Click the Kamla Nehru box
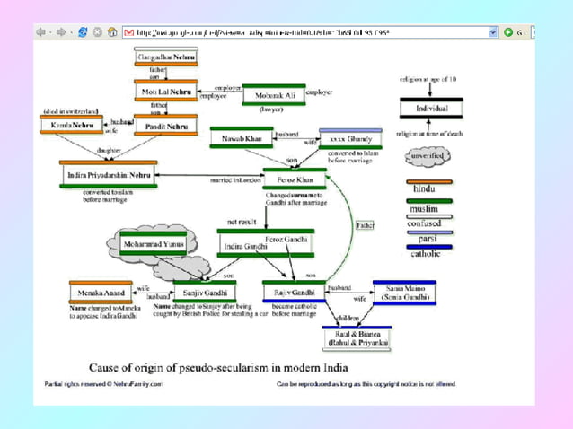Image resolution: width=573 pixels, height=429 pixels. [x=74, y=125]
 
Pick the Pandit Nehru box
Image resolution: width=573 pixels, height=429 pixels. [x=165, y=128]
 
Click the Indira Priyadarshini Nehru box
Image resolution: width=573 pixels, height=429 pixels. [x=109, y=174]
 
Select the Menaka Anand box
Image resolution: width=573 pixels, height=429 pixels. [x=101, y=293]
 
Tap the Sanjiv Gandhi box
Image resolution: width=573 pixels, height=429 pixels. [x=205, y=293]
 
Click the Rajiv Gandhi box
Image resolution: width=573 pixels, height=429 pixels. [x=292, y=293]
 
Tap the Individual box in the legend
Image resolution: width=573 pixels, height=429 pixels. [x=430, y=108]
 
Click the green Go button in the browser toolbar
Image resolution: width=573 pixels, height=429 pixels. [x=509, y=31]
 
